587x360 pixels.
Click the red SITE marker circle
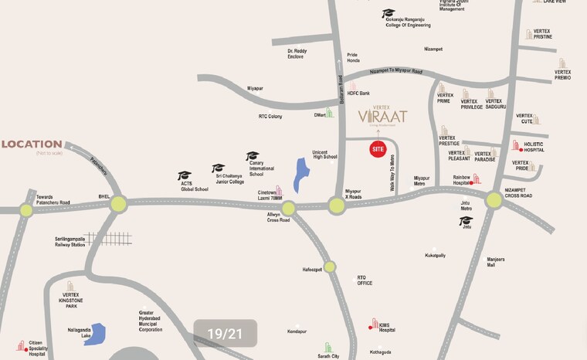tap(378, 148)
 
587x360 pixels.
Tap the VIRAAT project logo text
tap(382, 116)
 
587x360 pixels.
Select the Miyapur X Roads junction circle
tap(336, 205)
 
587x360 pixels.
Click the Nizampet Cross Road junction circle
tap(494, 201)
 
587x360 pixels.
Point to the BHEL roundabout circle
tap(118, 204)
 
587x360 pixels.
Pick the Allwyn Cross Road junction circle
tap(289, 208)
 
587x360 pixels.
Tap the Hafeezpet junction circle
tap(330, 267)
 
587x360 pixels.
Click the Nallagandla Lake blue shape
tap(95, 334)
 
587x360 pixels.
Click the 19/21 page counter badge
tap(226, 334)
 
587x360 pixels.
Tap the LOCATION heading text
tap(32, 144)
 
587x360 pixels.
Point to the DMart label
tap(318, 114)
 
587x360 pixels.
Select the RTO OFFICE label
tap(365, 281)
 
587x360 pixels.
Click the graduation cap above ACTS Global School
tap(184, 176)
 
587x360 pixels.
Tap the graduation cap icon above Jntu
tap(466, 220)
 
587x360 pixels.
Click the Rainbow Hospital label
tap(461, 180)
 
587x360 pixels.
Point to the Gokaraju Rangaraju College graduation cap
tap(388, 13)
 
